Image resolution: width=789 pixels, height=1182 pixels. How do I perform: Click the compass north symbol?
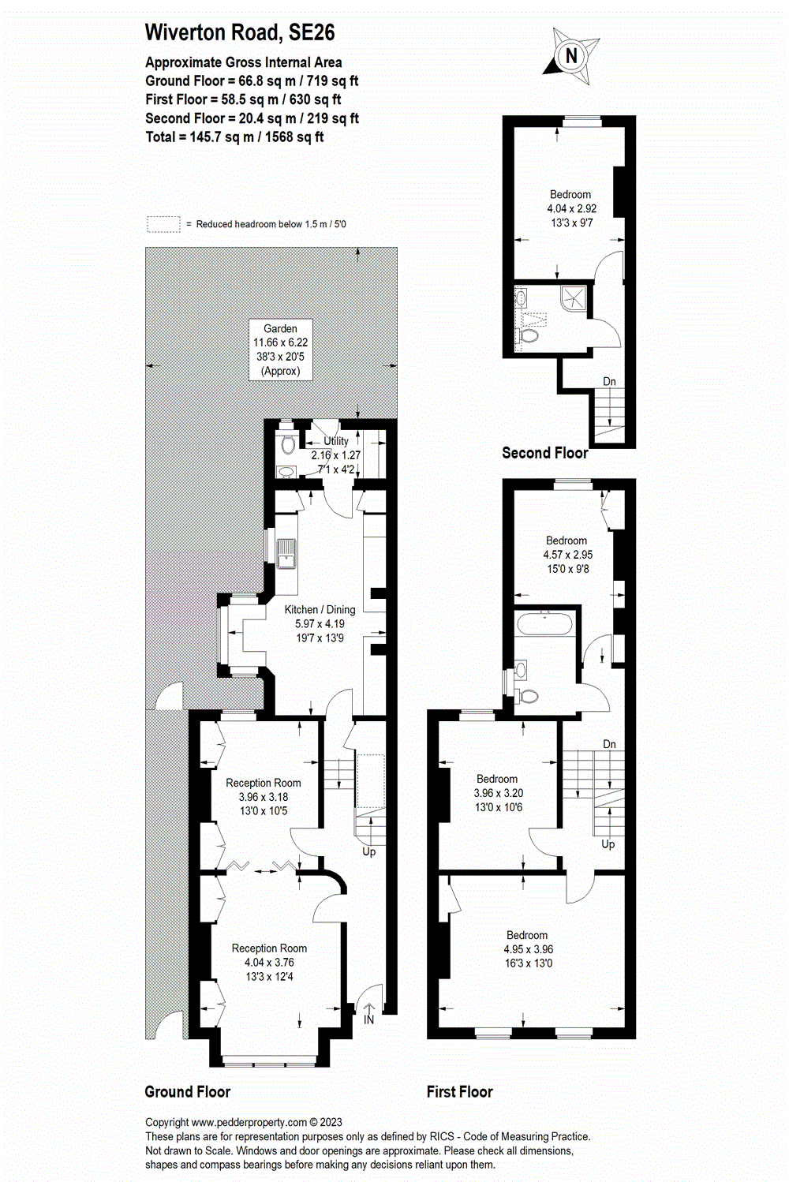pos(571,55)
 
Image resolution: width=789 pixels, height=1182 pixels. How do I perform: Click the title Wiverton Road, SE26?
pos(240,32)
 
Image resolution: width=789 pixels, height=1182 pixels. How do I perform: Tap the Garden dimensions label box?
pos(281,350)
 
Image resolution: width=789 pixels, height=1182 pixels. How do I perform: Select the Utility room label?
pos(336,441)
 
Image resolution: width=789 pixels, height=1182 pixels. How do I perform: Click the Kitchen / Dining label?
pos(320,609)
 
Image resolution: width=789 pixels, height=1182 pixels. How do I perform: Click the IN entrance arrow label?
pos(368,1019)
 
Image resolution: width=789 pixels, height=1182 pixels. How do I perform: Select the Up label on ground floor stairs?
pos(368,851)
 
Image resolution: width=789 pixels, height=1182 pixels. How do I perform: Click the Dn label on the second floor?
pos(609,381)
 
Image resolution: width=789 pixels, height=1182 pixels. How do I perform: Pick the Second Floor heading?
pos(544,453)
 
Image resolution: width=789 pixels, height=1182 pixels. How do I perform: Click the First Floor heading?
pos(459,1092)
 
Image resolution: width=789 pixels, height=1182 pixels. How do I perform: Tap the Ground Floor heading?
pos(188,1092)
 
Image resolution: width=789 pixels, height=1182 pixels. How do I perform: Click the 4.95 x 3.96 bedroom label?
pos(528,949)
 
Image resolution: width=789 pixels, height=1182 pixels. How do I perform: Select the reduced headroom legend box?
pos(163,224)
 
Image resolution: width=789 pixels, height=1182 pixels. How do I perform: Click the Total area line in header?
pos(234,137)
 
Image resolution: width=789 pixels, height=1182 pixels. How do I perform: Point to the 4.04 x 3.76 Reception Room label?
pos(269,962)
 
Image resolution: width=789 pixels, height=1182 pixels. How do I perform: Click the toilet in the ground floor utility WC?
pos(287,443)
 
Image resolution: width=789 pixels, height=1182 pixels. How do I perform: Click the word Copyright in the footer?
pos(166,1122)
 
